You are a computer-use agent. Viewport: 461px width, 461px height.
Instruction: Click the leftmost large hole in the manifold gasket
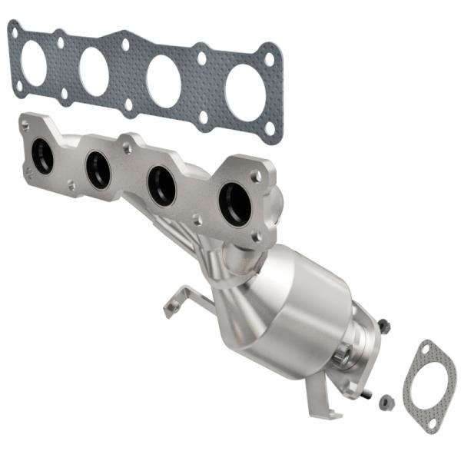coord(34,62)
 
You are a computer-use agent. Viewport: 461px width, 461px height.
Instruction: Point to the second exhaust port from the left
coord(98,170)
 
